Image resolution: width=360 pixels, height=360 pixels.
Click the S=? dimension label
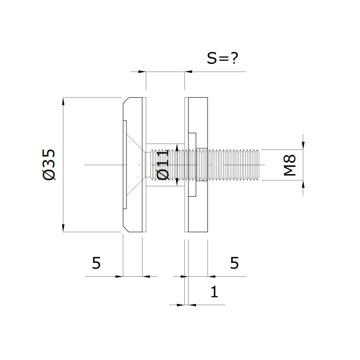tap(222, 58)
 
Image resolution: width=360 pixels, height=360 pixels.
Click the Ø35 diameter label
tap(49, 165)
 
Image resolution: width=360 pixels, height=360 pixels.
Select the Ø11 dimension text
tap(163, 165)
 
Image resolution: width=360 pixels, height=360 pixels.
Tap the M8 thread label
tap(290, 165)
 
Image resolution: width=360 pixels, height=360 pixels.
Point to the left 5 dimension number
tap(96, 263)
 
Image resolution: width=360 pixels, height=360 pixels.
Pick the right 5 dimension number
tap(234, 263)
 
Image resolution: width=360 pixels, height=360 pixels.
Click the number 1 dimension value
tap(214, 292)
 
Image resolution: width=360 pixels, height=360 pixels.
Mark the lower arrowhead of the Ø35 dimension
tap(63, 228)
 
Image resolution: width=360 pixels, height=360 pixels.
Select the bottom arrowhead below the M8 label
tap(303, 184)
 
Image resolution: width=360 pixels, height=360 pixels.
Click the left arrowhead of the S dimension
tap(142, 72)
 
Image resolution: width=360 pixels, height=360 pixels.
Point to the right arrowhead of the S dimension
tap(189, 72)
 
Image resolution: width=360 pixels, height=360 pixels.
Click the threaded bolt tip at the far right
tap(259, 165)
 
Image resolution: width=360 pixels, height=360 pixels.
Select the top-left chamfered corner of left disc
tap(126, 100)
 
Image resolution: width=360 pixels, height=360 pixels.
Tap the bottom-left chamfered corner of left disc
tap(126, 229)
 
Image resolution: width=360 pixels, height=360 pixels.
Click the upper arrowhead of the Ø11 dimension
tap(177, 147)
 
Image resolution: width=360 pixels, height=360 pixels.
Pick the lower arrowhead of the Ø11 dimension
tap(177, 182)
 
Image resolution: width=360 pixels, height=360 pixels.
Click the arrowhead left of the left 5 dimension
tap(119, 276)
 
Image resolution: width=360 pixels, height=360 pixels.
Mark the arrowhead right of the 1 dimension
tap(192, 305)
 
